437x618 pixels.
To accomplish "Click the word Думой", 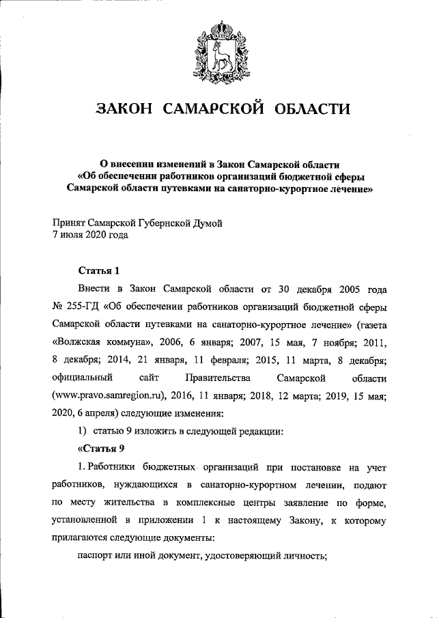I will (x=206, y=223).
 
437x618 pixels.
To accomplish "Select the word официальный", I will (x=81, y=378).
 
